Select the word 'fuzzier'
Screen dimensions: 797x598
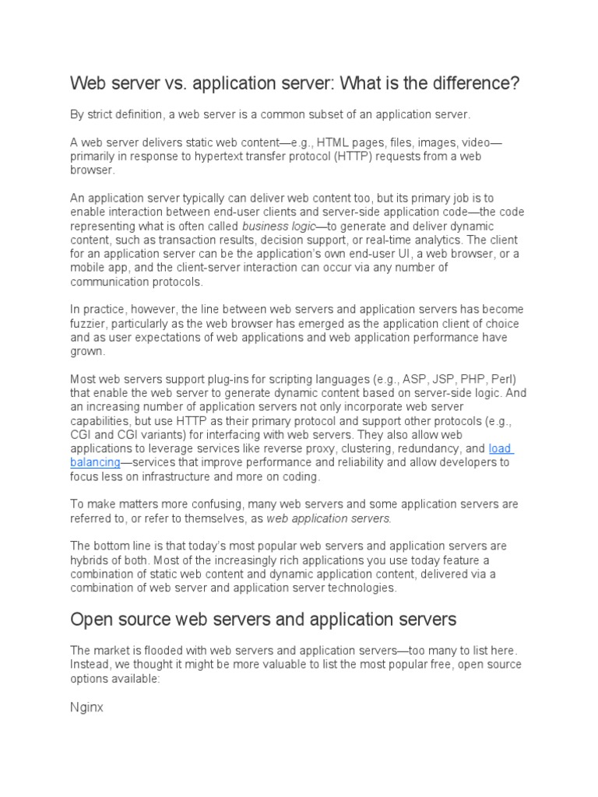point(89,324)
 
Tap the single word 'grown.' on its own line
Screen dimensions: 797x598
point(87,352)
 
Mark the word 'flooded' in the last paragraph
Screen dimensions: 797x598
point(167,650)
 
